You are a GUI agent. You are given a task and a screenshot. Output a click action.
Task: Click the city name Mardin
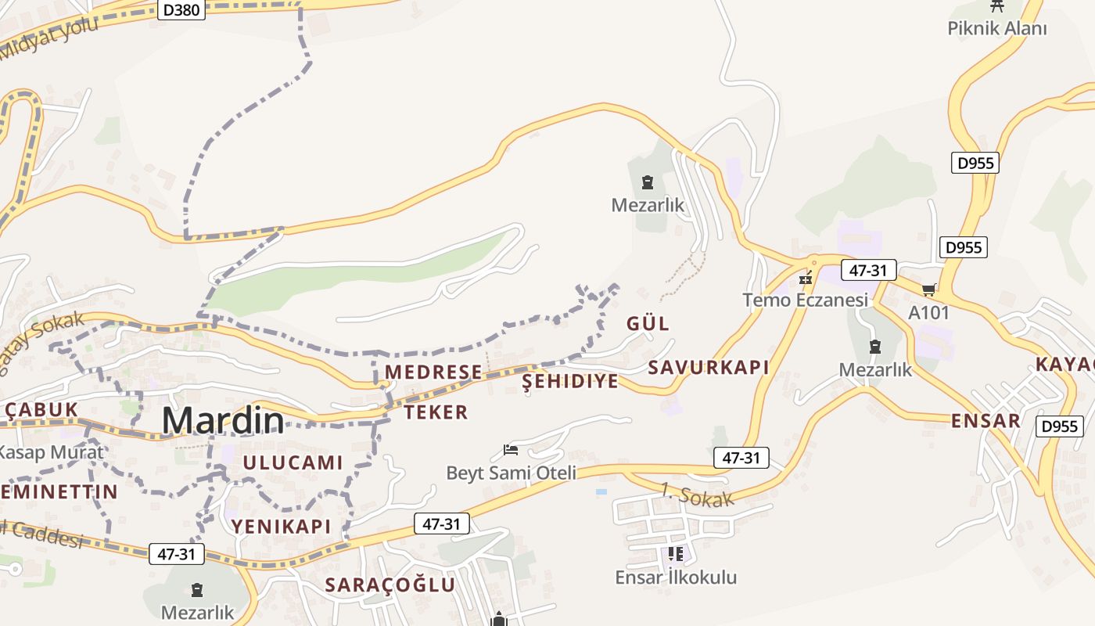point(223,421)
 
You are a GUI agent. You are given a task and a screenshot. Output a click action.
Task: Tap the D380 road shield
point(181,9)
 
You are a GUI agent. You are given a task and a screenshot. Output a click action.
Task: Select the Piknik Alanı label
point(996,29)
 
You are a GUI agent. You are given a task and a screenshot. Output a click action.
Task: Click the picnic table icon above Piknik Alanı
point(996,6)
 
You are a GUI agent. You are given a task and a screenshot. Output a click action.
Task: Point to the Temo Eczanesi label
point(806,300)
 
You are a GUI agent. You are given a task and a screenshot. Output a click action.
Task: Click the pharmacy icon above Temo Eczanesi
point(806,278)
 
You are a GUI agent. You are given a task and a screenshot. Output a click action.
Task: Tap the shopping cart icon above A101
point(929,290)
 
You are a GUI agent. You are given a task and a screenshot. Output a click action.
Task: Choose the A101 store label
point(929,313)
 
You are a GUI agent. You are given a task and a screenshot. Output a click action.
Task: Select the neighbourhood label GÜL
point(648,323)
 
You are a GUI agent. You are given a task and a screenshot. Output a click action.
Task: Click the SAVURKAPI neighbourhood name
point(709,368)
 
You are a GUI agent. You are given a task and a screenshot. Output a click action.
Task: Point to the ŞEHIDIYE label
point(570,381)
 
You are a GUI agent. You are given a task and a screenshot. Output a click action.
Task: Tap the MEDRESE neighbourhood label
point(434,372)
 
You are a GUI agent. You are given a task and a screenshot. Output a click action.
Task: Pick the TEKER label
point(436,412)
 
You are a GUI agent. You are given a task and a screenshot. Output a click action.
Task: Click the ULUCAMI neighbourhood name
point(293,462)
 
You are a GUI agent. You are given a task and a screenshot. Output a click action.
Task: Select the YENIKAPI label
point(281,527)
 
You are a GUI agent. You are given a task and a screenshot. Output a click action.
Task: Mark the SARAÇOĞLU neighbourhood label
point(390,585)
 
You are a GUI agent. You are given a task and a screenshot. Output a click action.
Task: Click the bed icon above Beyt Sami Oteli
point(511,450)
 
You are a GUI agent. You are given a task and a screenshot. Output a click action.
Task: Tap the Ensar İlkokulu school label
point(676,577)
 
